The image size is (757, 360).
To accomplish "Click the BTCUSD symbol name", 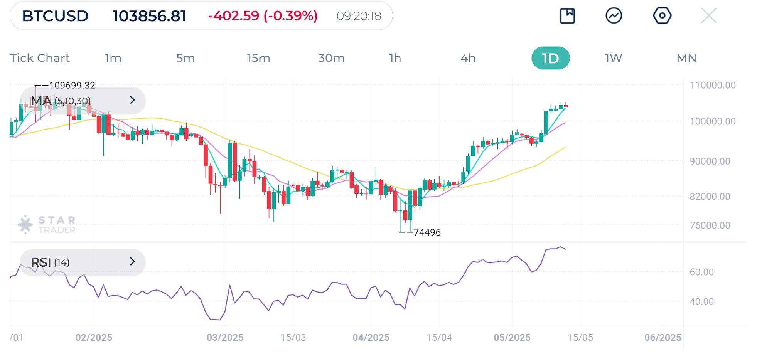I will tap(55, 16).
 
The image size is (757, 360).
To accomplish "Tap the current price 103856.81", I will tap(149, 16).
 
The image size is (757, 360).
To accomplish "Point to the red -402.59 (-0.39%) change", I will tap(263, 16).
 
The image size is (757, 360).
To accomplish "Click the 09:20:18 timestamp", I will tap(359, 16).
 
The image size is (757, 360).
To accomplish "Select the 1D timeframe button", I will tap(550, 58).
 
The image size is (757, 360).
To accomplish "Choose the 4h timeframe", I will tap(468, 58).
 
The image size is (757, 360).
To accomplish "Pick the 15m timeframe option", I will tap(258, 58).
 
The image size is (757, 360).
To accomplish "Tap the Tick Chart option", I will tap(40, 58).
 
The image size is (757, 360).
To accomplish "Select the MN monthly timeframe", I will tap(686, 58).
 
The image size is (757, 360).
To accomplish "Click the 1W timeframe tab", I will tap(613, 58).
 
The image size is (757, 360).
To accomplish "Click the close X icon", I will tap(709, 16).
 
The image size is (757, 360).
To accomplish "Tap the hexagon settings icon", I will tap(662, 16).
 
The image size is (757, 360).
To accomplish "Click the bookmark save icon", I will tap(567, 16).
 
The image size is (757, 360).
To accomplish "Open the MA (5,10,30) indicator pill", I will tap(83, 101).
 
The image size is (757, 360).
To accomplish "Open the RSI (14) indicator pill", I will tap(83, 262).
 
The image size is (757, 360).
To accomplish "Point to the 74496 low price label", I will tap(427, 232).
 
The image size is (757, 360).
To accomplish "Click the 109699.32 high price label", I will tap(72, 85).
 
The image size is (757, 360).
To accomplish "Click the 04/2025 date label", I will tap(371, 338).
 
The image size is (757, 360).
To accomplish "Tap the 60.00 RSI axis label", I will tap(701, 272).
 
